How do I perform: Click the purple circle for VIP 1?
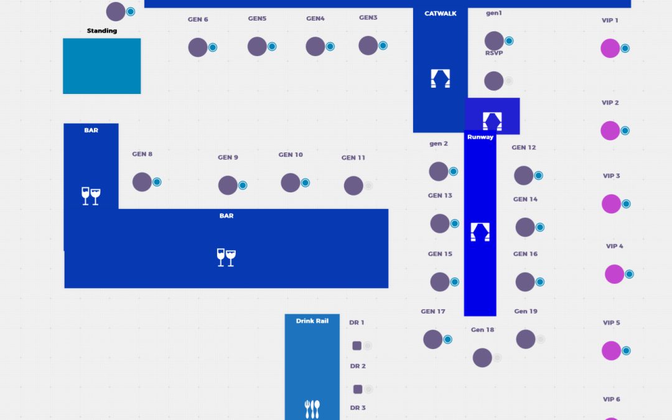[610, 48]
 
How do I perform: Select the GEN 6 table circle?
[198, 47]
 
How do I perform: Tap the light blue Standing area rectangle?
[101, 66]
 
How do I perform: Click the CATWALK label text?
[441, 14]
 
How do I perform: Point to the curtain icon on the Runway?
[480, 231]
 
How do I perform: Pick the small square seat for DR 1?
[357, 345]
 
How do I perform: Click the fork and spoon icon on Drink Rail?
[312, 408]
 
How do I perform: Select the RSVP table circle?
[493, 81]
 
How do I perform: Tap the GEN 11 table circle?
[353, 185]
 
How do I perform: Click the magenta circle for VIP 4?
[614, 274]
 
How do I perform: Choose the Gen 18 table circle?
[482, 358]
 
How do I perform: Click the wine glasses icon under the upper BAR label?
[91, 196]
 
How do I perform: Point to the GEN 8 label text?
[142, 154]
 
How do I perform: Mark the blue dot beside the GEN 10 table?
[306, 183]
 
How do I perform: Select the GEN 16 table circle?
[525, 282]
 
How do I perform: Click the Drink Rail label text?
[312, 321]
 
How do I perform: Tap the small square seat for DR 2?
[358, 389]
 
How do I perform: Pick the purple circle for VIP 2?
[610, 131]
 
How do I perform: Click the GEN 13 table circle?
[440, 223]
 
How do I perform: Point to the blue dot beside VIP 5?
[626, 351]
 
